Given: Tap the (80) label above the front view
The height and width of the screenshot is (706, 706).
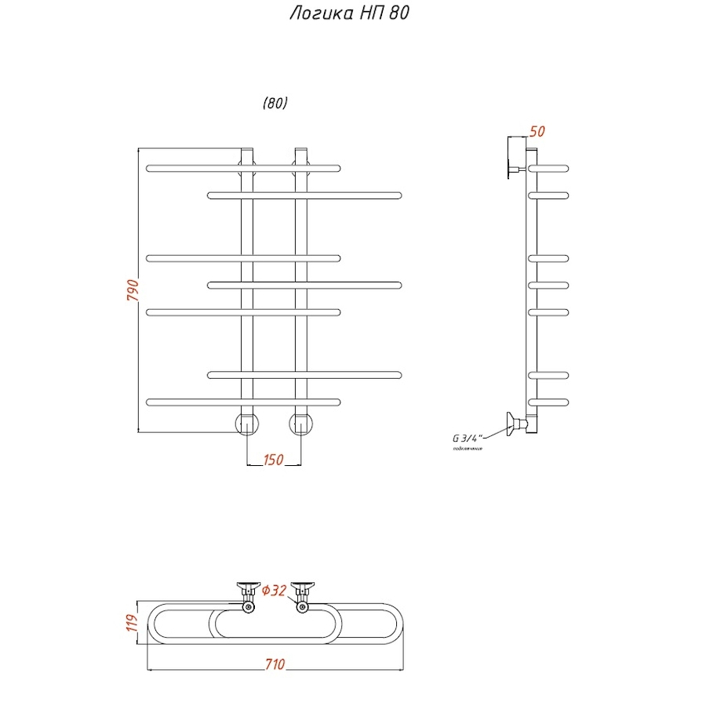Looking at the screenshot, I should [x=275, y=104].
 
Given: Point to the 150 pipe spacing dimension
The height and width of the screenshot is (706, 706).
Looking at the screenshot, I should [x=274, y=460].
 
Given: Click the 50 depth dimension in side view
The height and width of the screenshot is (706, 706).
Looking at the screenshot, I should [x=537, y=132].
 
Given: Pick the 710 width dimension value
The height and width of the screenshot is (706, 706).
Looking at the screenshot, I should [x=274, y=665].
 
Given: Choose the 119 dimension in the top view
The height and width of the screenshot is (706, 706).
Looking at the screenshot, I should [x=132, y=624].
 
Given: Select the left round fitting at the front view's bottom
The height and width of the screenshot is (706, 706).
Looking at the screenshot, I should [x=247, y=424].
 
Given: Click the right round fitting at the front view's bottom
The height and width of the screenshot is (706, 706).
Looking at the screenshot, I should [x=301, y=424].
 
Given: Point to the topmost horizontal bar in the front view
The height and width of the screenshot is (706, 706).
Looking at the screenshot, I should [x=243, y=167].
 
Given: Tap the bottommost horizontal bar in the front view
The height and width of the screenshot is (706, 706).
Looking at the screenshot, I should [x=243, y=402].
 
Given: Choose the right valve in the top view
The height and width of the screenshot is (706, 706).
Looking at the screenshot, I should [x=302, y=596].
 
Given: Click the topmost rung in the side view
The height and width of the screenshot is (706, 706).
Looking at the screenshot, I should [x=549, y=168].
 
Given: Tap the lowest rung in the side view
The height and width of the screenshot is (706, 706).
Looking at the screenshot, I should [x=549, y=402].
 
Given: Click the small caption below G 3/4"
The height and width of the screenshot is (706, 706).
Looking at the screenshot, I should [x=467, y=449].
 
